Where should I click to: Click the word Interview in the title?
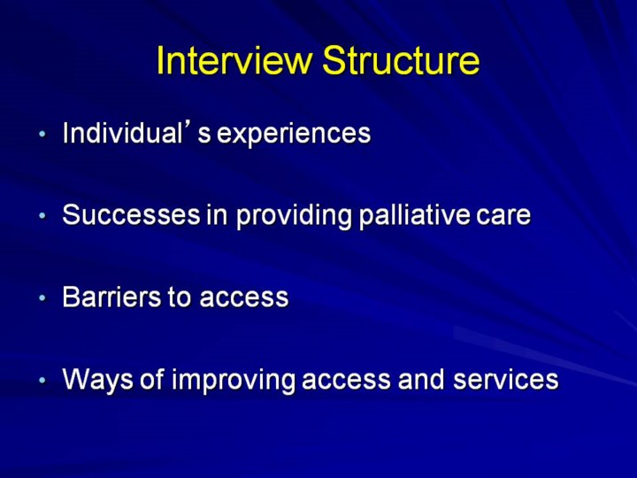[x=234, y=60]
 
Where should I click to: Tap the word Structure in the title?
[x=401, y=60]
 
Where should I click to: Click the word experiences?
[x=294, y=135]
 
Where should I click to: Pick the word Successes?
[x=131, y=214]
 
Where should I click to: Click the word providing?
[x=294, y=215]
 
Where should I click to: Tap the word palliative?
[x=414, y=215]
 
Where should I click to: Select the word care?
[x=503, y=217]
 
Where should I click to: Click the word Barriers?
[x=111, y=297]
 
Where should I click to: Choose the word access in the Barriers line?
[x=244, y=298]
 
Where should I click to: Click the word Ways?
[x=97, y=379]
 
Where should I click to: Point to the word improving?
[x=234, y=380]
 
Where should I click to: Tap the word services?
[x=506, y=379]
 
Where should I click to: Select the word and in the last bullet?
[x=421, y=379]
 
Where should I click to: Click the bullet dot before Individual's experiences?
[x=42, y=134]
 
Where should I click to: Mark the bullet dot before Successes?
[x=42, y=216]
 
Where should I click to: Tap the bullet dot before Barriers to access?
[x=42, y=298]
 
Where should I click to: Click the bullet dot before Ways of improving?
[x=42, y=381]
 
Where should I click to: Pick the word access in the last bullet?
[x=346, y=381]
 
